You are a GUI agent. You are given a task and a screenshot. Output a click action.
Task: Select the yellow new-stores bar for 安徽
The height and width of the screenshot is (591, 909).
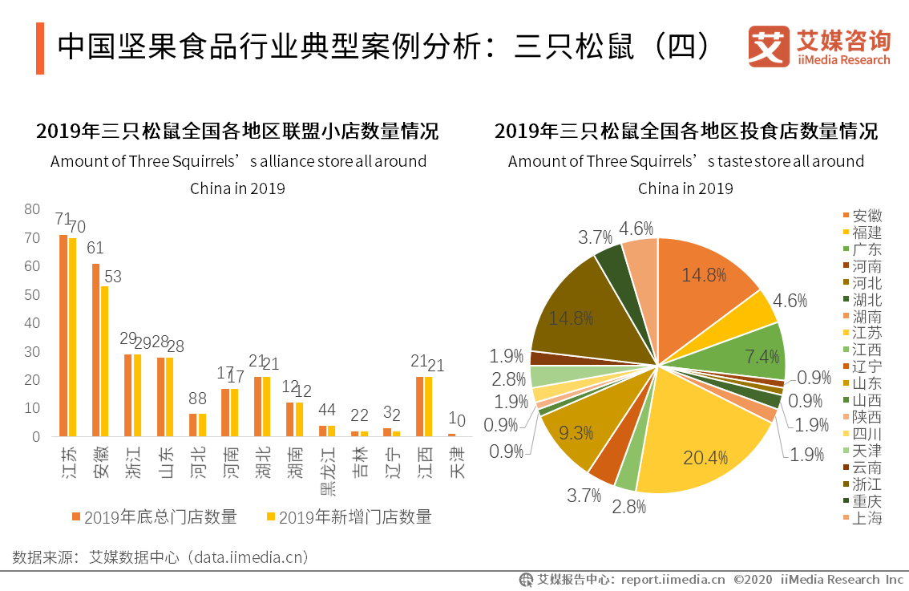[x=104, y=361]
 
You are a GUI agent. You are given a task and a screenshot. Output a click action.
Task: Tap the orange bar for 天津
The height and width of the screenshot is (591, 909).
[x=451, y=435]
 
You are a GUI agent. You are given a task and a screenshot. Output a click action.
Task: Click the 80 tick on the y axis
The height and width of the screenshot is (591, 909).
[x=32, y=209]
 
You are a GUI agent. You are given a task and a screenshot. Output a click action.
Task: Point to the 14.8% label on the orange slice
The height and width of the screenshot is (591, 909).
[x=704, y=275]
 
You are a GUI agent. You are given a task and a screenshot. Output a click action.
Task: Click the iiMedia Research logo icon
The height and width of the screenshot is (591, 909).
[x=768, y=47]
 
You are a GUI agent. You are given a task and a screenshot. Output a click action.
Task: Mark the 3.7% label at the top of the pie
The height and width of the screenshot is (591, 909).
[x=595, y=237]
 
